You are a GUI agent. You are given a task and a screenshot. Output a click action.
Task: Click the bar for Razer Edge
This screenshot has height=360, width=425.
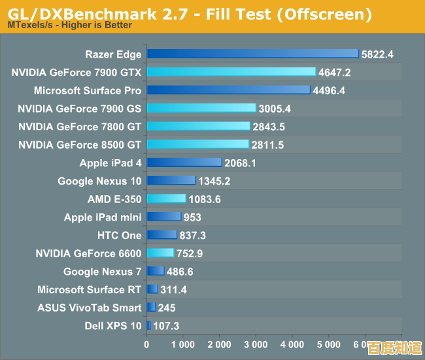(252, 54)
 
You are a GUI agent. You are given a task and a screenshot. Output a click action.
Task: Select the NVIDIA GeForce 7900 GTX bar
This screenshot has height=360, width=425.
(231, 72)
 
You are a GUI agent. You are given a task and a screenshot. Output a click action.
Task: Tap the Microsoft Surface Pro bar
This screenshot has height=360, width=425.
(228, 90)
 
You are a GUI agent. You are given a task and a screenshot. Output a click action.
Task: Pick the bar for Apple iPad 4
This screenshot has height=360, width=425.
(184, 162)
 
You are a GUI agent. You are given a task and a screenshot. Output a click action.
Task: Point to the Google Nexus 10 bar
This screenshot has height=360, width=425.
(171, 181)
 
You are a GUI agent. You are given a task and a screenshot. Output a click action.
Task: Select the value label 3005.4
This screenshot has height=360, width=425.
(275, 109)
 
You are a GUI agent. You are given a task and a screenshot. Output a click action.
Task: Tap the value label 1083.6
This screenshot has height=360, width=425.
(205, 199)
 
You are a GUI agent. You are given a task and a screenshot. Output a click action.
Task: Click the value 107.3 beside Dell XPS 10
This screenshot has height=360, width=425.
(166, 325)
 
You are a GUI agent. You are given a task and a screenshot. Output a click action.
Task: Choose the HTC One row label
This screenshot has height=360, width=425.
(119, 235)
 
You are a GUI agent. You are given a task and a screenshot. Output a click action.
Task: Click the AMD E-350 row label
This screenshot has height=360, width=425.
(114, 199)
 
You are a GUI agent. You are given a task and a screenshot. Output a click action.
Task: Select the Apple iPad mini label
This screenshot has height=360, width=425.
(103, 217)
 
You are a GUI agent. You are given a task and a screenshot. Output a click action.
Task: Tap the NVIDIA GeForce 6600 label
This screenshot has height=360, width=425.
(88, 253)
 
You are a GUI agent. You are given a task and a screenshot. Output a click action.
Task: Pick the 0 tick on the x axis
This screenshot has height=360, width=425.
(147, 344)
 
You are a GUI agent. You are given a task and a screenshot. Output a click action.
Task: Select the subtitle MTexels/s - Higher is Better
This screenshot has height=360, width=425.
(70, 26)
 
